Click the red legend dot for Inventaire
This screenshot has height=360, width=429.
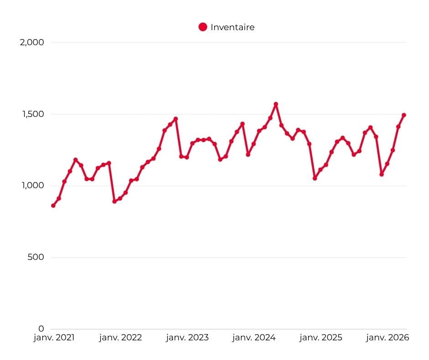[203, 27]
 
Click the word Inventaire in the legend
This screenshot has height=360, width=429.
[233, 27]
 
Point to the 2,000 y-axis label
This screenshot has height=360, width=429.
[32, 42]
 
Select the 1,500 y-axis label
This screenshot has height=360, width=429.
[33, 114]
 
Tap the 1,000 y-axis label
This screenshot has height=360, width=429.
[33, 185]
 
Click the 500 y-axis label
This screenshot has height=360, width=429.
[36, 257]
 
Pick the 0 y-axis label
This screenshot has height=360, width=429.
[41, 328]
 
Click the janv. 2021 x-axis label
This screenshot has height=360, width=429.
[54, 338]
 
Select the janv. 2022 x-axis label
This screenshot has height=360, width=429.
[120, 338]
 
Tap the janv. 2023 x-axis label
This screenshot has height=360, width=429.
[188, 338]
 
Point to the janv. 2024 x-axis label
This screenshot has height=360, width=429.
[254, 338]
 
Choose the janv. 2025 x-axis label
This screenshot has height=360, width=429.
[321, 338]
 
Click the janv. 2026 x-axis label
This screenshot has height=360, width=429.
[387, 338]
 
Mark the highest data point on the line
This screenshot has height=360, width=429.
[276, 104]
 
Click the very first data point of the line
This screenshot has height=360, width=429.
[53, 206]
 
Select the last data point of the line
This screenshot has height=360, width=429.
[404, 115]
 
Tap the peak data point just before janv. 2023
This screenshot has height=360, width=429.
[176, 119]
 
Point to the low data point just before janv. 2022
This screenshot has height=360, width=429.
[115, 201]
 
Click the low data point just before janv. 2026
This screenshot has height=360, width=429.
[382, 174]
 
